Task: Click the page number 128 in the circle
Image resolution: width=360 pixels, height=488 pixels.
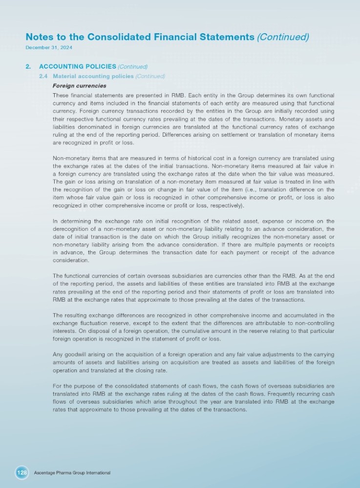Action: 22,473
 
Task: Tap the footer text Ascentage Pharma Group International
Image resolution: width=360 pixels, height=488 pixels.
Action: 72,473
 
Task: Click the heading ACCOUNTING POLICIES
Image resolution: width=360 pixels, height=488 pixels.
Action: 77,66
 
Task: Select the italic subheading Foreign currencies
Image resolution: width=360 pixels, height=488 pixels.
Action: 79,86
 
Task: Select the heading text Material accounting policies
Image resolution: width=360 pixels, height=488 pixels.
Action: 93,76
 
